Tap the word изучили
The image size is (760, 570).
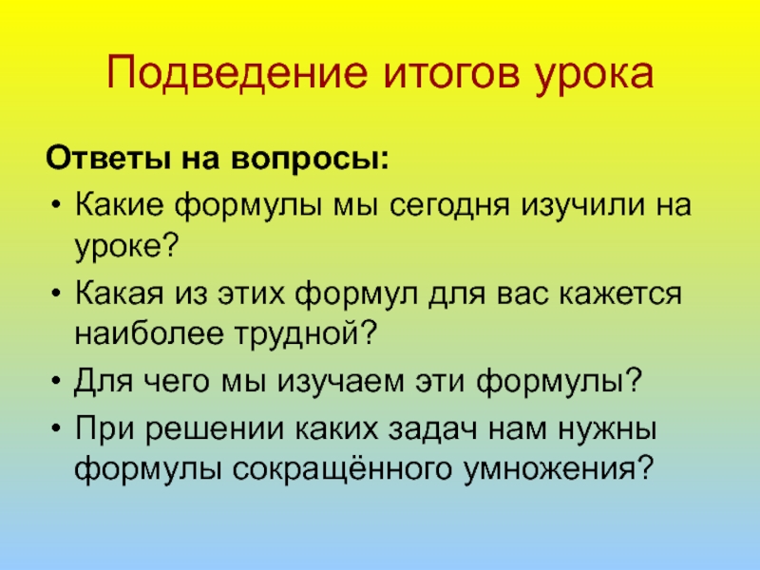582,206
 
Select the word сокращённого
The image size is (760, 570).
322,467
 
